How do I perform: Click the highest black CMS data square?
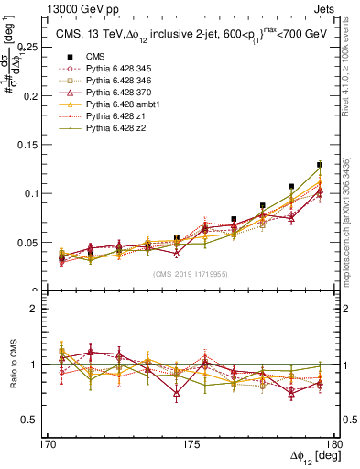[x=320, y=165]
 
